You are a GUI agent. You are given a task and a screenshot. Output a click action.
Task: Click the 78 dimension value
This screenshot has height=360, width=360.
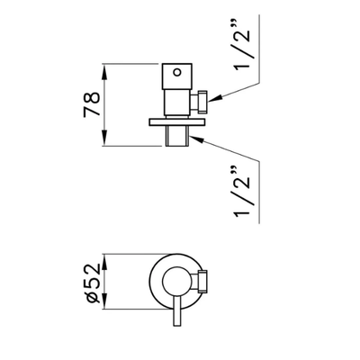pos(92,104)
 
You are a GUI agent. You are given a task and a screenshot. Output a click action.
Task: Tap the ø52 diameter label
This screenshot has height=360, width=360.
pos(93,283)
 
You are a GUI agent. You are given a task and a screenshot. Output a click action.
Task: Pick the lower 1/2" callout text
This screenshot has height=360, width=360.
pos(242,191)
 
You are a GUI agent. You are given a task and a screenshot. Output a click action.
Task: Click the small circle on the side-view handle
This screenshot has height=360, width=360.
pos(177,72)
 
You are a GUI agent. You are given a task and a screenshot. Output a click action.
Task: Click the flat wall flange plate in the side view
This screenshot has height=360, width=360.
pos(177,122)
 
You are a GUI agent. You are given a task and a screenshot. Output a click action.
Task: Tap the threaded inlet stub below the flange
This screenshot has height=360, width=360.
pos(177,136)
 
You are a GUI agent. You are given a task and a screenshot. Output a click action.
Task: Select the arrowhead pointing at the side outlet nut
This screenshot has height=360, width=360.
pos(215,99)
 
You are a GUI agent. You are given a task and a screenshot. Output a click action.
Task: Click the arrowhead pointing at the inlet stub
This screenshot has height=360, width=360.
pos(197,139)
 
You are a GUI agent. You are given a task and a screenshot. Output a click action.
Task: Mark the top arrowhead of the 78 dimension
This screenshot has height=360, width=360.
pos(104,72)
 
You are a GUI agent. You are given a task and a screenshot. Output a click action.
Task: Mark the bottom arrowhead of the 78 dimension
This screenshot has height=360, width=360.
pos(104,138)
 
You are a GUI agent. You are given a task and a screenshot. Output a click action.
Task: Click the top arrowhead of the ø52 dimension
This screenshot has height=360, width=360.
pos(104,263)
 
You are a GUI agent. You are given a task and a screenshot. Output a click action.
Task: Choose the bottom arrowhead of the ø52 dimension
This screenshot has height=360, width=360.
pos(104,301)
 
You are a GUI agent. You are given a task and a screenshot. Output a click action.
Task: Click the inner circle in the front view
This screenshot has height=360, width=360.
pos(163,282)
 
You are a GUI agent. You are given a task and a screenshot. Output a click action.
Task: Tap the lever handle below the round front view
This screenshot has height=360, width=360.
pos(177,312)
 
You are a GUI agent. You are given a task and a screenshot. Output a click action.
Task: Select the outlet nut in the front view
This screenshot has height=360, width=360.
pos(202,282)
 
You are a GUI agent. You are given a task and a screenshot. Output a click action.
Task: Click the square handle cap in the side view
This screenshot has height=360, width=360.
pos(177,76)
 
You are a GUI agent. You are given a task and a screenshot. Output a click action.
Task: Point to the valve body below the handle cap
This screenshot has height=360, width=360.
pos(177,102)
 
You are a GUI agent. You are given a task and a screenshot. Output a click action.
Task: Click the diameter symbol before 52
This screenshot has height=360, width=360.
pos(93,298)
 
